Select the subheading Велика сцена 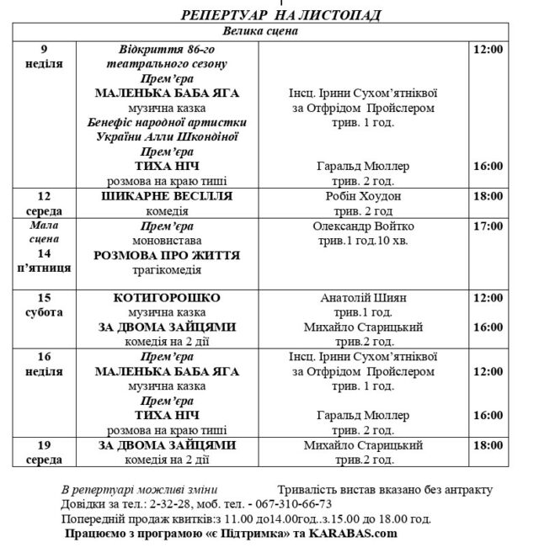point(260,31)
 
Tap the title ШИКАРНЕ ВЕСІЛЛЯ point(166,196)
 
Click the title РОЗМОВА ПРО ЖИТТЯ point(168,255)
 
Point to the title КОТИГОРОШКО point(166,298)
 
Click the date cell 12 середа point(41,203)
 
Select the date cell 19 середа point(41,452)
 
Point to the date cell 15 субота point(41,305)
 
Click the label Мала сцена point(41,231)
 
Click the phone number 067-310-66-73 point(315,503)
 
